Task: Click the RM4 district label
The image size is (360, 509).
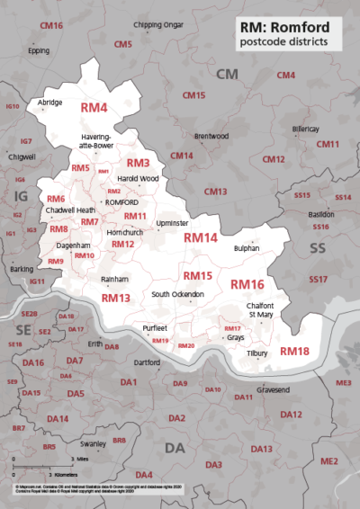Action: (x=94, y=108)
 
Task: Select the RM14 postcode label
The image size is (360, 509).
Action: (x=201, y=238)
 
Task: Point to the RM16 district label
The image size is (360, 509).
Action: (x=247, y=284)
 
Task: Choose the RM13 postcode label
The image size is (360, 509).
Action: (x=115, y=298)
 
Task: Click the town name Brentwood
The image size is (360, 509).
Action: (x=211, y=136)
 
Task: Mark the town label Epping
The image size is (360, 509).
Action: (x=39, y=50)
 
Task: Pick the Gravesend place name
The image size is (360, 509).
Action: (x=274, y=390)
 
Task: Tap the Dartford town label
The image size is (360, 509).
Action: (x=146, y=362)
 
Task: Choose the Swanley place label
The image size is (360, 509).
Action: (x=93, y=443)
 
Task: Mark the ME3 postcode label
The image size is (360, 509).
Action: (x=344, y=382)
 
